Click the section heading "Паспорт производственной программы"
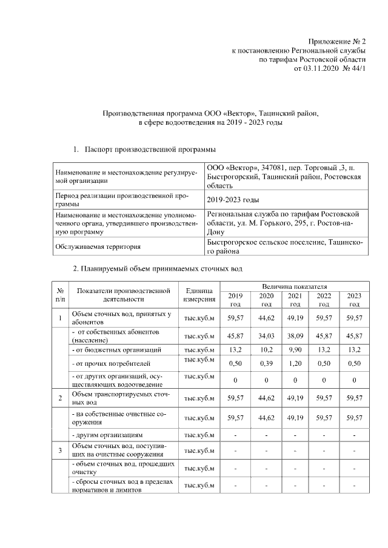point(150,148)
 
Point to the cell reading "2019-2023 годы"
point(233,199)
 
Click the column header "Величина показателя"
point(295,285)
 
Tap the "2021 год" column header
point(295,299)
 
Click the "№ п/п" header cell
point(60,295)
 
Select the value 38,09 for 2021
point(295,336)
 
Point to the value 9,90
point(295,350)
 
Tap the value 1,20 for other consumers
point(295,363)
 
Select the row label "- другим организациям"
point(107,435)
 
